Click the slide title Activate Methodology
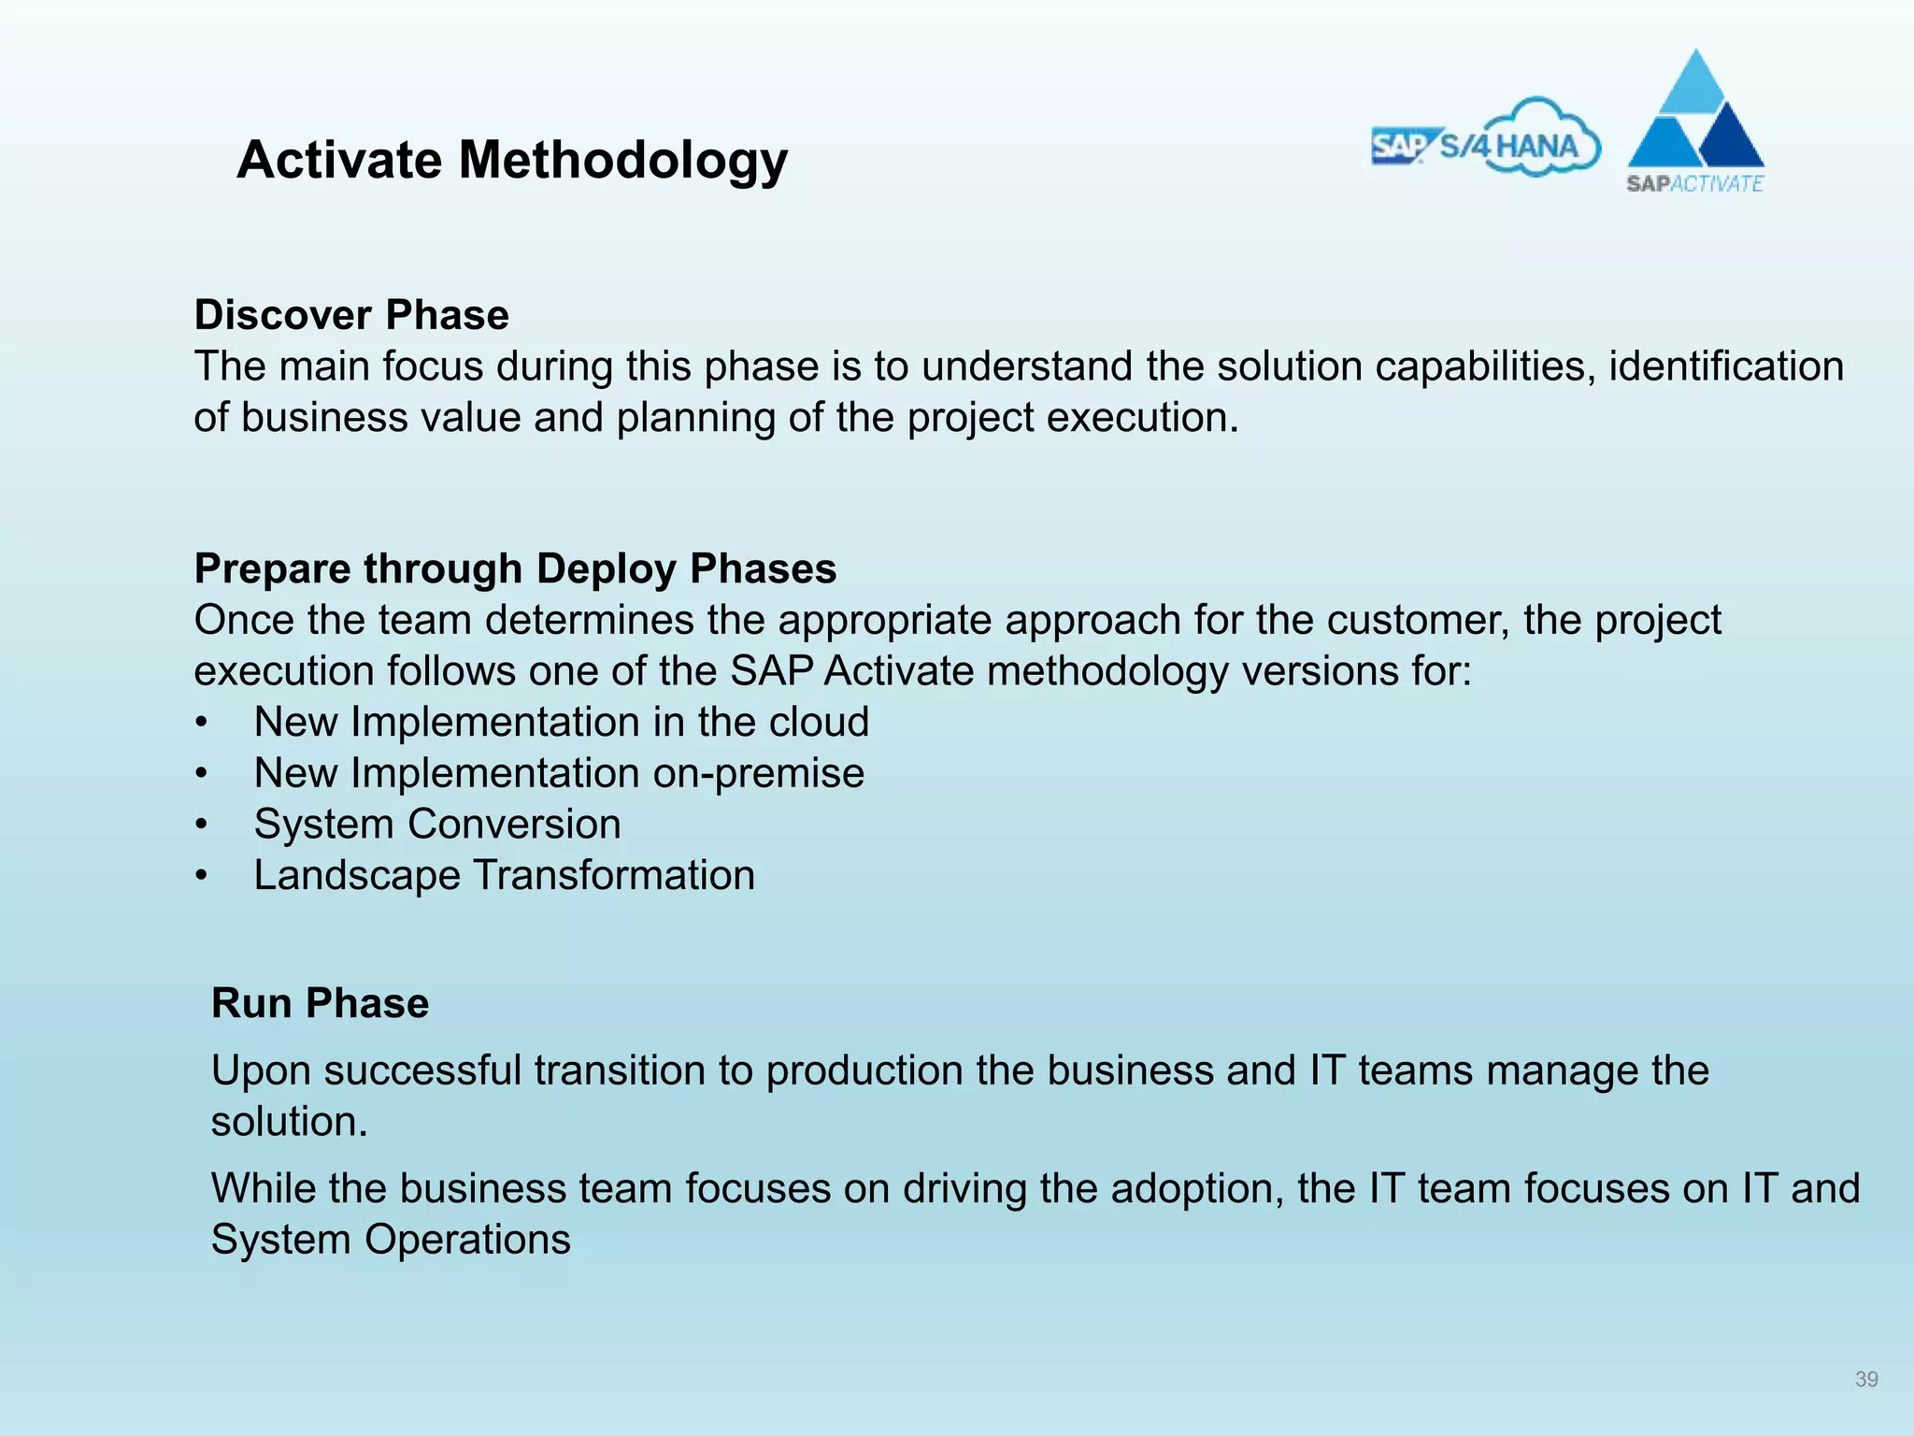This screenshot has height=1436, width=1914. click(512, 160)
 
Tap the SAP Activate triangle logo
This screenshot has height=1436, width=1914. click(1695, 122)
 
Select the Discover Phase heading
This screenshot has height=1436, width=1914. click(351, 315)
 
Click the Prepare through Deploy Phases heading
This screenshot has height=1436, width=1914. click(515, 568)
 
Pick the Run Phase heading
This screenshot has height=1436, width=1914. click(320, 1003)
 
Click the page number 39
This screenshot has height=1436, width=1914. click(1866, 1379)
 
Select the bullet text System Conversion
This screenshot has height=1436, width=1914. click(437, 825)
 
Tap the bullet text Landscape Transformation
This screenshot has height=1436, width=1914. click(504, 876)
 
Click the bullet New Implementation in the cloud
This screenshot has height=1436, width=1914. click(561, 723)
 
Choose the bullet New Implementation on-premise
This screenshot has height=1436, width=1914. click(559, 773)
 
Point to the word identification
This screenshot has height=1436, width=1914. click(1725, 366)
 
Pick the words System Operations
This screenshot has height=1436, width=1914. click(391, 1240)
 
